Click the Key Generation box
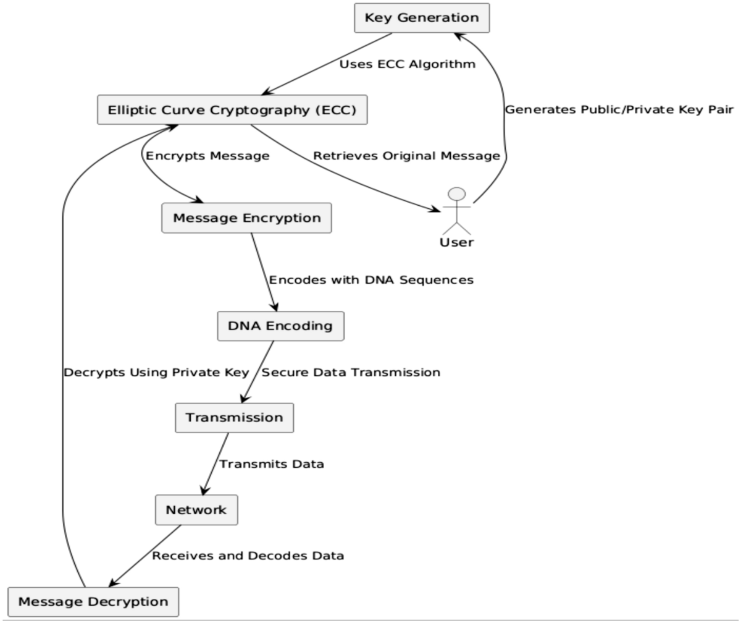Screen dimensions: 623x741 (422, 18)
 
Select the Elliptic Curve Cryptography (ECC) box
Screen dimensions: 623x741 (232, 110)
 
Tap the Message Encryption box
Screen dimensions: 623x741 (246, 218)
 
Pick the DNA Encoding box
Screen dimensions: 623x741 (280, 326)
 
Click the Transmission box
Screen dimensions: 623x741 (234, 418)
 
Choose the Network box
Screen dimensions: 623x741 (196, 511)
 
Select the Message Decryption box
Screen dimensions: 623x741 (93, 602)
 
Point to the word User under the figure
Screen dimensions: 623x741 (456, 242)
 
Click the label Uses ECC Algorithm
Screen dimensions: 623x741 (407, 64)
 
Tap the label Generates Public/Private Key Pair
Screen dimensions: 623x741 (619, 110)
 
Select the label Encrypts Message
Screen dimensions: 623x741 (207, 156)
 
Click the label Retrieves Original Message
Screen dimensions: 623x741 (406, 156)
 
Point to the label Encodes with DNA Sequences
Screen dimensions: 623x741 (371, 280)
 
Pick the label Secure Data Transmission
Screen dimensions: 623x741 (351, 372)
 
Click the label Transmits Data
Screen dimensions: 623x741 (272, 464)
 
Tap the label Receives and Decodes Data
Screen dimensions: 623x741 (248, 556)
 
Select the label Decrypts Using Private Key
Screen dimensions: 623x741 (156, 372)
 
